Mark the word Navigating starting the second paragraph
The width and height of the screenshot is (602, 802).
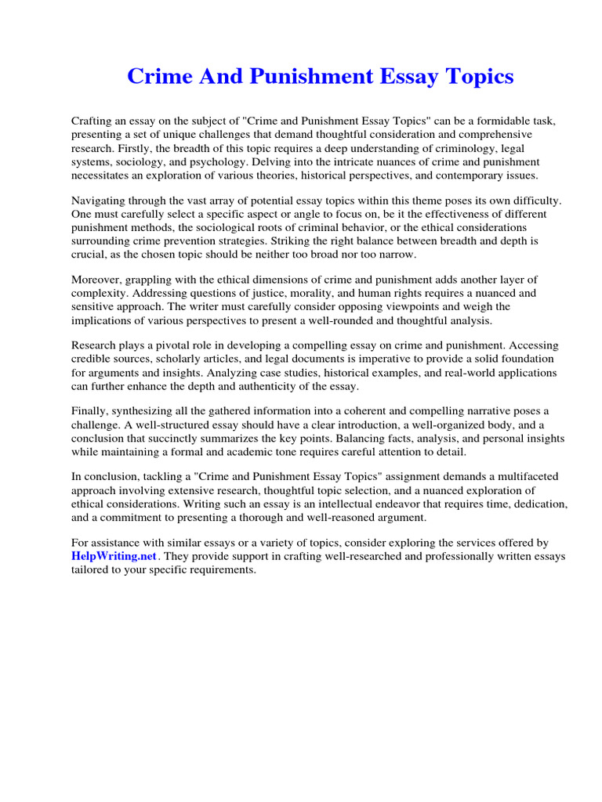[x=100, y=200]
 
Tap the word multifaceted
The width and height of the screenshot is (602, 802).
[x=524, y=478]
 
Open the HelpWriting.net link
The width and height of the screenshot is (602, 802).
[x=115, y=557]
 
